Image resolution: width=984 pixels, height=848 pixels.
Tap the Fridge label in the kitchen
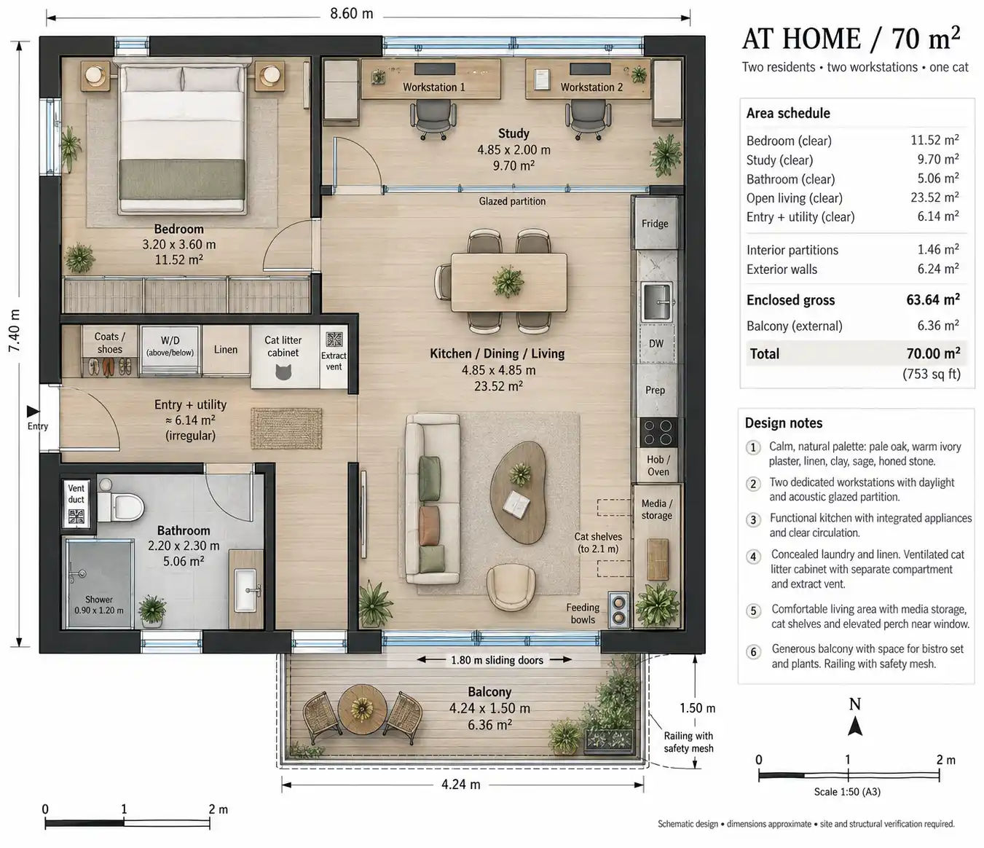655,224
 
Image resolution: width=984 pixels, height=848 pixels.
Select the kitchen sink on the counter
657,302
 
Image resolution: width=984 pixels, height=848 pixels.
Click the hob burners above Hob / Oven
658,432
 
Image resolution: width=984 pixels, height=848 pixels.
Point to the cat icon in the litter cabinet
283,372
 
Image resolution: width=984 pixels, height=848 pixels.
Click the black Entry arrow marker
33,411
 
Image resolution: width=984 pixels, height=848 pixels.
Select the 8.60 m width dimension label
351,14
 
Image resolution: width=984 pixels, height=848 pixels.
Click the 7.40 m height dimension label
15,331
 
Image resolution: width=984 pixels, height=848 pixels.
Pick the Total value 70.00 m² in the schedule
933,353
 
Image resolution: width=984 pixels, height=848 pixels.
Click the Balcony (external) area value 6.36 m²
938,326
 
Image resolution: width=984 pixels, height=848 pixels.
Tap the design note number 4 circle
753,557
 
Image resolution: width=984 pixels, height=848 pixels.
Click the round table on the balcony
362,709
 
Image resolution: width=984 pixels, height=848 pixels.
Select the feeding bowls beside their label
618,611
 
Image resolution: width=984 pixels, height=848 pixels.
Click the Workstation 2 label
591,87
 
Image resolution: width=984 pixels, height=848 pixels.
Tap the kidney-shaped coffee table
518,490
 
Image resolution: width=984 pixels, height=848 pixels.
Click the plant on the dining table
508,281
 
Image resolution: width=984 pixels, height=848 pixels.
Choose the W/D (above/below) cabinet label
170,346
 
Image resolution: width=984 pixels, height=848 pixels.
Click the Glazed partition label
512,201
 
